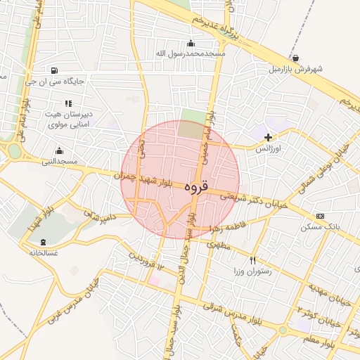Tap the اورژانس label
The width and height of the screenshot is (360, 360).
(267, 149)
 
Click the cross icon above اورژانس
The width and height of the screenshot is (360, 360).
(267, 136)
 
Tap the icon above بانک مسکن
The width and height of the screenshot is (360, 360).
(321, 216)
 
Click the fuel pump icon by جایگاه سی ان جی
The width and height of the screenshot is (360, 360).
(54, 70)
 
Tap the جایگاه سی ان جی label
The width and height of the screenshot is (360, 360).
(54, 81)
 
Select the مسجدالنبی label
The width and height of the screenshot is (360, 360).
(59, 162)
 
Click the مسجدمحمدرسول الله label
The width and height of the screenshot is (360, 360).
(191, 53)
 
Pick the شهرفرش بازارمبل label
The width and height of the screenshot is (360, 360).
(295, 70)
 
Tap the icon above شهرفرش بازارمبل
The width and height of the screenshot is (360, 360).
(295, 58)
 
